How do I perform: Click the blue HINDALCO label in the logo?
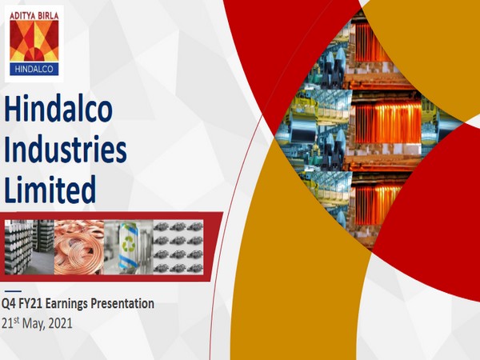pos(36,70)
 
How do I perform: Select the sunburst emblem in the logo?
pos(36,42)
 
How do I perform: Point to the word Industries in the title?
pos(66,150)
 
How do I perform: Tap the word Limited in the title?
pos(50,190)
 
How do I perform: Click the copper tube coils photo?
pos(80,246)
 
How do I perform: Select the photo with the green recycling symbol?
pos(128,246)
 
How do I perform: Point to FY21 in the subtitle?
pos(38,304)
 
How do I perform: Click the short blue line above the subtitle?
pos(13,290)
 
